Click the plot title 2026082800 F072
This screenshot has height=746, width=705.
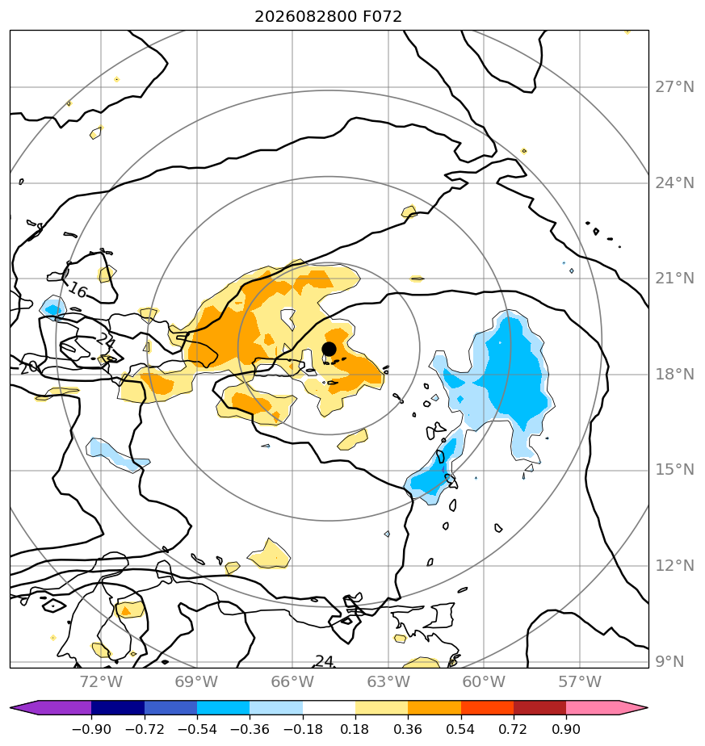point(328,17)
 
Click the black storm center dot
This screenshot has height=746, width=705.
point(329,349)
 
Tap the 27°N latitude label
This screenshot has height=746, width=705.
point(674,87)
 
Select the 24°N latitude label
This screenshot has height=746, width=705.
point(674,182)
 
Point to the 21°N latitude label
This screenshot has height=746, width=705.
point(674,279)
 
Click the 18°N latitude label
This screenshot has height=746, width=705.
point(674,374)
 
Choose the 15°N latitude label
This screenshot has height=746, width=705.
point(674,470)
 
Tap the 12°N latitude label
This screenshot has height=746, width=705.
point(674,565)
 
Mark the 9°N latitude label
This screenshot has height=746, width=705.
point(669,661)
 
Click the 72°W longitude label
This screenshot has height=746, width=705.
point(101,681)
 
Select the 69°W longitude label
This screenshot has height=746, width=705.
point(196,681)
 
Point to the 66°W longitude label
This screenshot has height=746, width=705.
point(292,681)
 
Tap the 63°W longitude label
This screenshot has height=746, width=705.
point(388,681)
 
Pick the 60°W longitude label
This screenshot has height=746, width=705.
point(484,681)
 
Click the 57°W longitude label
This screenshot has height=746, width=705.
point(580,681)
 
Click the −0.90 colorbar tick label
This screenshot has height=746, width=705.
point(91,729)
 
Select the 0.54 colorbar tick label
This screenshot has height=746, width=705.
point(460,729)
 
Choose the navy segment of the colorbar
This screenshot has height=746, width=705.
point(118,707)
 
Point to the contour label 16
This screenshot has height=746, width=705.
point(78,290)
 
